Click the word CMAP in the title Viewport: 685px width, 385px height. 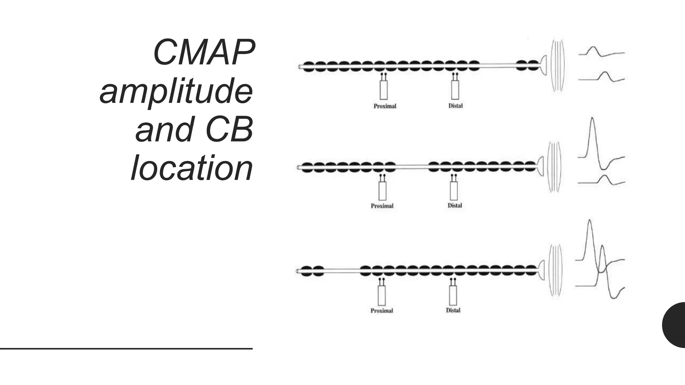[203, 53]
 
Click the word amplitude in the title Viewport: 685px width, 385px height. [176, 91]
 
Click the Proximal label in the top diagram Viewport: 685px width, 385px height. [385, 106]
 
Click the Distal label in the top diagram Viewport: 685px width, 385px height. [456, 106]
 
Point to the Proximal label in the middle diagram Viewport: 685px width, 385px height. [382, 206]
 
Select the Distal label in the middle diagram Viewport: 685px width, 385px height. [455, 206]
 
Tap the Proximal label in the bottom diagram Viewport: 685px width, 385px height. [382, 310]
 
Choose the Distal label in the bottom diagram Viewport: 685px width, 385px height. [453, 310]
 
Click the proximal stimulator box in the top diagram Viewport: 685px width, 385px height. [384, 90]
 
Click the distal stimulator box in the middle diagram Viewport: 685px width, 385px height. [454, 191]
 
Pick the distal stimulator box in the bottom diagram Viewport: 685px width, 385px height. [453, 295]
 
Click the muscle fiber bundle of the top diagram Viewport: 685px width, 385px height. [557, 66]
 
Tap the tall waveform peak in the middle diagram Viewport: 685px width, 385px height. [592, 120]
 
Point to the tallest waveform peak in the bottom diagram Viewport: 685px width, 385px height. [589, 223]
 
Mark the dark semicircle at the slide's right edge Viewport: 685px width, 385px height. [675, 325]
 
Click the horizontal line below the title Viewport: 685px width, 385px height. [126, 349]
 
